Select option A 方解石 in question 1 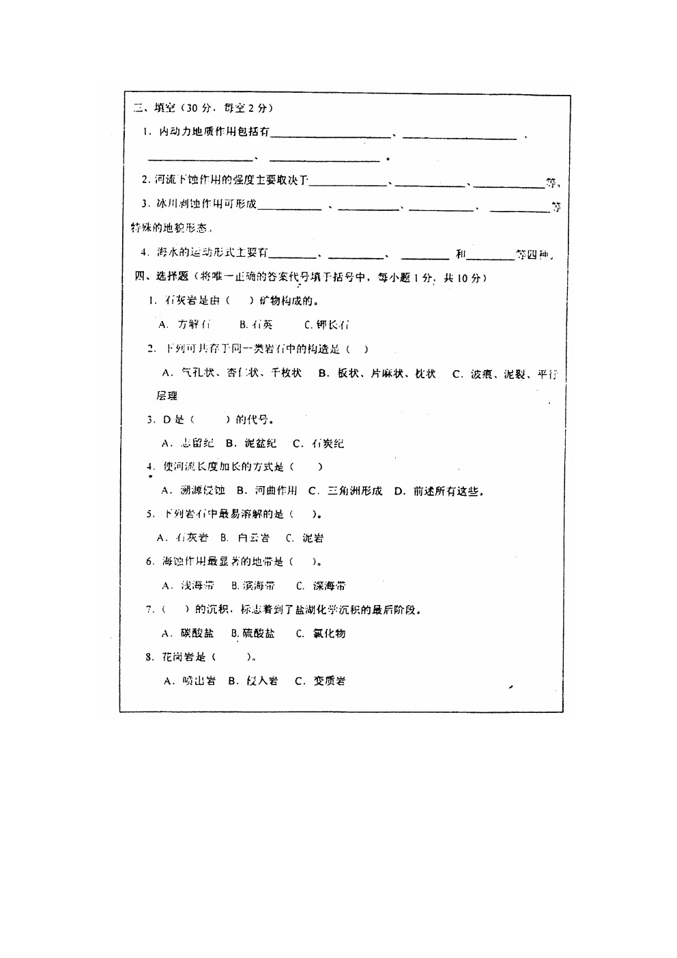[x=185, y=324]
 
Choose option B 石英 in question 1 [x=257, y=324]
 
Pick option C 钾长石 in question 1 [x=327, y=324]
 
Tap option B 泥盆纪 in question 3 [x=252, y=443]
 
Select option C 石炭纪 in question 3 [x=319, y=443]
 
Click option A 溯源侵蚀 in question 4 [x=194, y=490]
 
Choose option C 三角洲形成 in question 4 [x=345, y=490]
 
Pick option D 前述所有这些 [x=439, y=490]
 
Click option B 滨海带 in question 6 [x=253, y=585]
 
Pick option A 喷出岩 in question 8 [x=190, y=681]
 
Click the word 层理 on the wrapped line [x=167, y=395]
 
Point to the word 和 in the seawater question [x=461, y=255]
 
